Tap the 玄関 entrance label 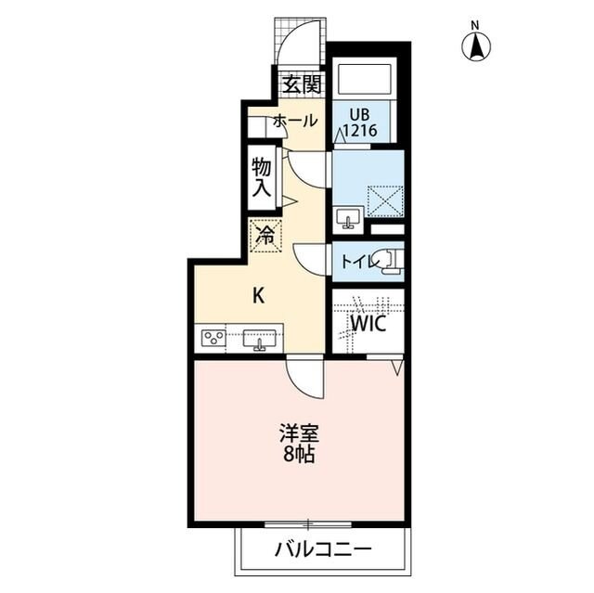(x=303, y=84)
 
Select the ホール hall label (x=295, y=122)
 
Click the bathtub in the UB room (x=365, y=79)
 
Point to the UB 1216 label (x=360, y=122)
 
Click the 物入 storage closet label (x=262, y=177)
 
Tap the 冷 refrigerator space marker (x=265, y=235)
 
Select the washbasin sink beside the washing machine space (x=348, y=219)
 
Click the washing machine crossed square (x=385, y=201)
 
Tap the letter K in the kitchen (x=259, y=295)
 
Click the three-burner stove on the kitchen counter (x=214, y=337)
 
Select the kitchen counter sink (x=260, y=340)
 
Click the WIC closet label (x=368, y=324)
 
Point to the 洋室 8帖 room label (x=299, y=444)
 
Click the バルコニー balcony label (x=322, y=549)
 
